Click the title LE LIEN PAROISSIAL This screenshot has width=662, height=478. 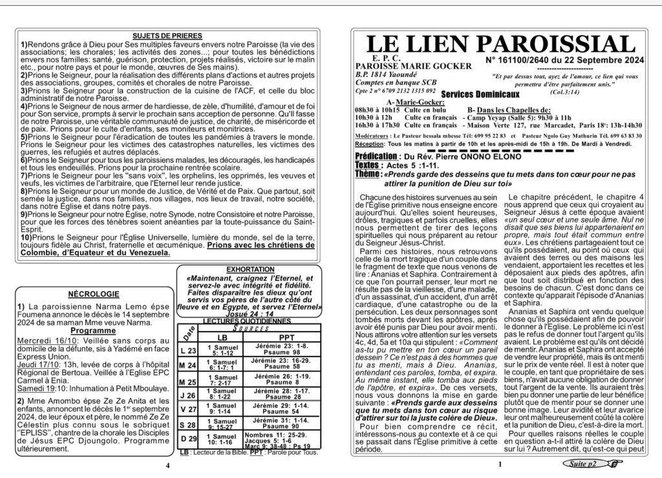500,45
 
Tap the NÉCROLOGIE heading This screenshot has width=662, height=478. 91,294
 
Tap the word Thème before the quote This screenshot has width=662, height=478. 368,175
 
